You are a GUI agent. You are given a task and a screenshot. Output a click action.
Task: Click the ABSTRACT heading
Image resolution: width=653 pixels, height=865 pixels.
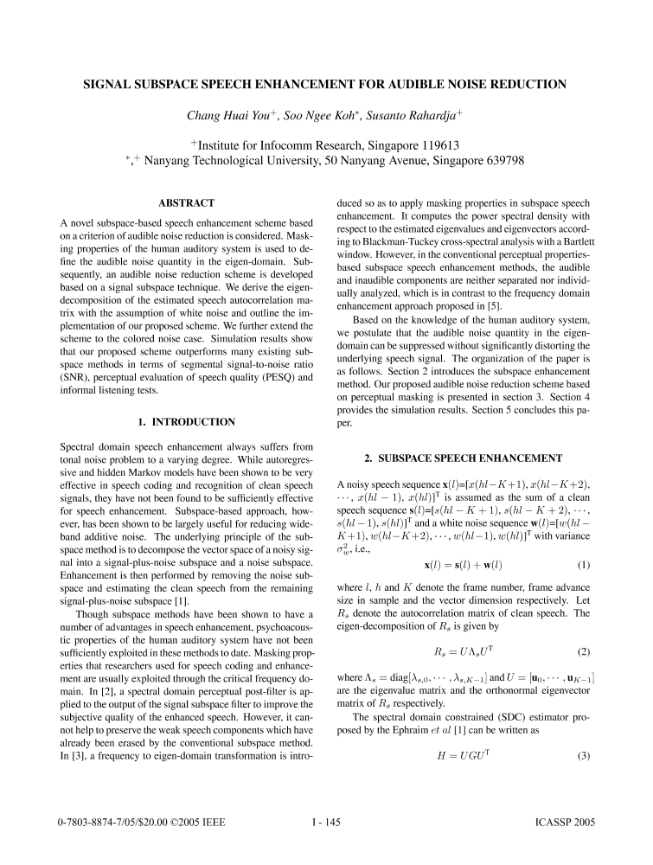tap(186, 203)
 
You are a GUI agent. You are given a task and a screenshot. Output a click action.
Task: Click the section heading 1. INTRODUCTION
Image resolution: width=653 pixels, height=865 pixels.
tap(186, 422)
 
